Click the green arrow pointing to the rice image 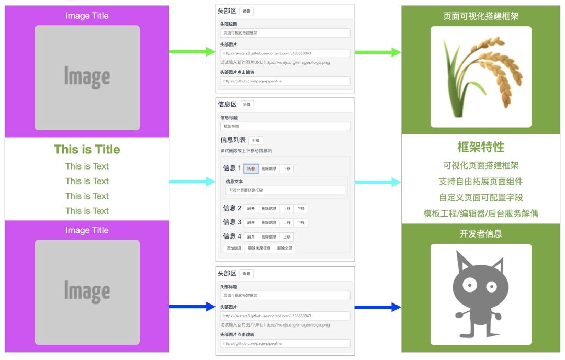378,52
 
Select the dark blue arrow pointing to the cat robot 378,307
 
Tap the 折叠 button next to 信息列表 255,140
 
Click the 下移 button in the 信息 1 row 286,168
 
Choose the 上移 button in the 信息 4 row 286,237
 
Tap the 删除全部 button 285,248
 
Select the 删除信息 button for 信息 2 269,208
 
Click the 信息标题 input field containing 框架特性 285,127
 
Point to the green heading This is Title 87,150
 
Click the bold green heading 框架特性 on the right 481,147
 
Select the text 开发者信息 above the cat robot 481,234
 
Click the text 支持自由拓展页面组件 481,182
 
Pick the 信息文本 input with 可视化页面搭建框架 285,190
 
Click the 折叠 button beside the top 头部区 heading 246,12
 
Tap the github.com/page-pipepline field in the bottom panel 285,343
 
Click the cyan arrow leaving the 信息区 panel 378,182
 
